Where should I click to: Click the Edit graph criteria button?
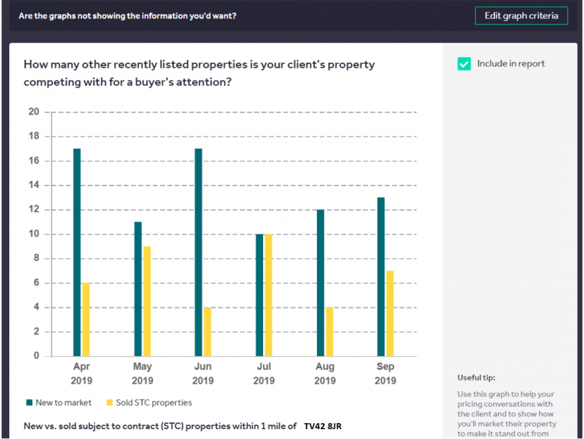521,16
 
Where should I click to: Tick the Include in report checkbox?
464,64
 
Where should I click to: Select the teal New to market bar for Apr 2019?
77,252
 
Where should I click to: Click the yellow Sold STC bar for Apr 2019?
86,319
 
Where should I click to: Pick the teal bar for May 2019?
138,288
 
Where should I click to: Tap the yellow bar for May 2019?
147,301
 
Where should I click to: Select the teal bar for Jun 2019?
198,252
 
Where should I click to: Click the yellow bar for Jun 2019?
208,331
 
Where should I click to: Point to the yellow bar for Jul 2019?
268,295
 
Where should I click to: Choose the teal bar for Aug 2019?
320,282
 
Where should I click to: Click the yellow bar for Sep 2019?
390,313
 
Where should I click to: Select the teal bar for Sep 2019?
381,276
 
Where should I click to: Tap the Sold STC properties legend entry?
149,402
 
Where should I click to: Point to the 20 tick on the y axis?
33,112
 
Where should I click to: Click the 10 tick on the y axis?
33,234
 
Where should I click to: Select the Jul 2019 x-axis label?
264,373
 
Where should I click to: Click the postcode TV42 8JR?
322,426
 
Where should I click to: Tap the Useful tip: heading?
476,377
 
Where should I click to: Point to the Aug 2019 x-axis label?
325,373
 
